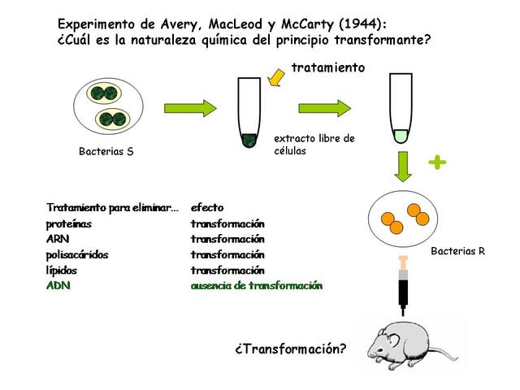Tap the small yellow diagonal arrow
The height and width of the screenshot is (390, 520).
(278, 77)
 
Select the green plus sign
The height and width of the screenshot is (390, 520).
(437, 162)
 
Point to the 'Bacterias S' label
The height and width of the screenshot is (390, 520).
(106, 151)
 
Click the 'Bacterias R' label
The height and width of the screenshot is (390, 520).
(457, 251)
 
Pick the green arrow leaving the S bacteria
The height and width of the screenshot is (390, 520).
(190, 108)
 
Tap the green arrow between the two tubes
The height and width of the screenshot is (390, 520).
(324, 108)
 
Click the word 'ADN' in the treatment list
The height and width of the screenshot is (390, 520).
(58, 285)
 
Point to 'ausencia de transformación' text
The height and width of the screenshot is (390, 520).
(256, 285)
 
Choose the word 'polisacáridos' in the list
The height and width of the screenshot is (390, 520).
(77, 254)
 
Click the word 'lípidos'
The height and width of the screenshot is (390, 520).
(63, 270)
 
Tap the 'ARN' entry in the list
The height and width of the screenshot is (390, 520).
(58, 239)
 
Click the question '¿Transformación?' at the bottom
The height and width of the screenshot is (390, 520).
(290, 349)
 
